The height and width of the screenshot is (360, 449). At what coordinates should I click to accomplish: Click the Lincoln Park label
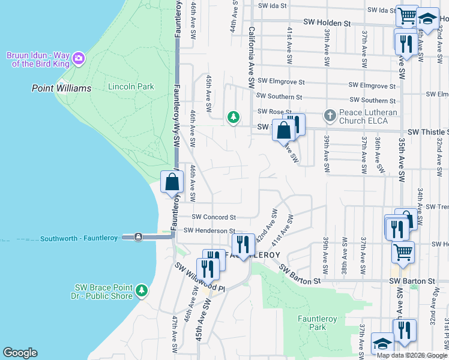point(131,87)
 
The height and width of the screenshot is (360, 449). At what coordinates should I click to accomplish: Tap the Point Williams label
point(61,88)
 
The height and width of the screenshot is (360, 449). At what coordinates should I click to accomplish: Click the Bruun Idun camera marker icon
point(79,59)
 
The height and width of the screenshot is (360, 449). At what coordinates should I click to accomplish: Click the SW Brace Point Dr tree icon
point(142,291)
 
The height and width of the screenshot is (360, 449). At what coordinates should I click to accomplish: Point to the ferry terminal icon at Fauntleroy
point(138,237)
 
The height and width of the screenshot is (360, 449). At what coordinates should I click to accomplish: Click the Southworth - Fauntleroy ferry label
point(80,239)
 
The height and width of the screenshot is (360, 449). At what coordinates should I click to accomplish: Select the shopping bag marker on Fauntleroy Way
point(172,182)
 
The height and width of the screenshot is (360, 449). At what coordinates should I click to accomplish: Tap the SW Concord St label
point(214,217)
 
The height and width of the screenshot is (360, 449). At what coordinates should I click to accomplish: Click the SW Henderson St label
point(209,230)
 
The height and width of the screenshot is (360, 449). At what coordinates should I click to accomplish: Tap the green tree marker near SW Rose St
point(233,117)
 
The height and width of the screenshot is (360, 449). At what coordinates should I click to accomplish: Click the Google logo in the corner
point(20,353)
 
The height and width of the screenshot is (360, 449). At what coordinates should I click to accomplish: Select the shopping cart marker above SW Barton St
point(403,251)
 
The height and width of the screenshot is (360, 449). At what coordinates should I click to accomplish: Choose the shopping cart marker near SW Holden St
point(407,16)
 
